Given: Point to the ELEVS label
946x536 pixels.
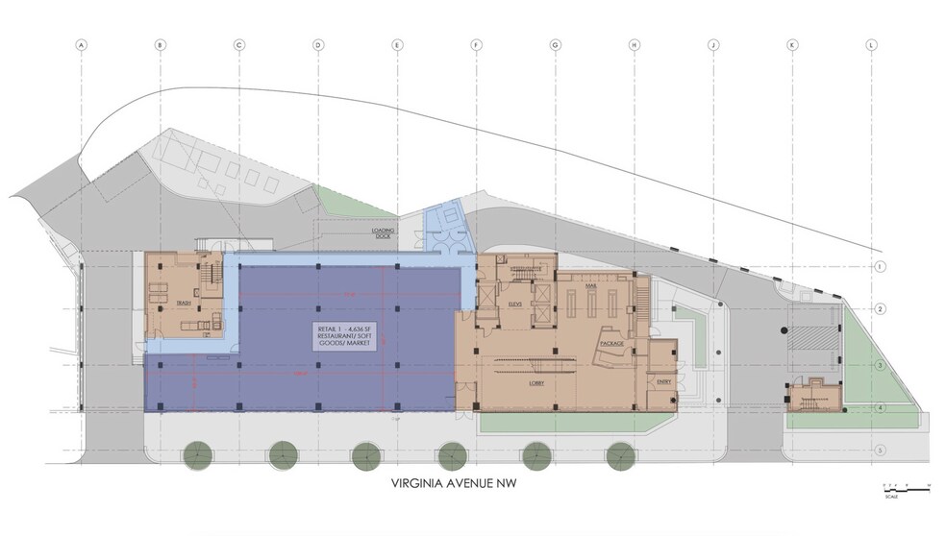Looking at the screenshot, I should (x=512, y=304).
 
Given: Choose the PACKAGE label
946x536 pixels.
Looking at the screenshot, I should (x=612, y=343).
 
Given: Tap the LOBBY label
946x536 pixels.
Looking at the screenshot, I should (x=537, y=381).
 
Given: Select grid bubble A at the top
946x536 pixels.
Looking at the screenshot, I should (x=82, y=45).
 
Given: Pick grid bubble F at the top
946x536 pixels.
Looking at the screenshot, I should (x=476, y=45).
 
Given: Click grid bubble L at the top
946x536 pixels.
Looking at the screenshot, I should (x=871, y=45).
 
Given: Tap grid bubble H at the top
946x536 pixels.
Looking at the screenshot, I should (x=634, y=45).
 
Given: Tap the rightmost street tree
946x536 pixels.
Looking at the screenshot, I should (x=620, y=453).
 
